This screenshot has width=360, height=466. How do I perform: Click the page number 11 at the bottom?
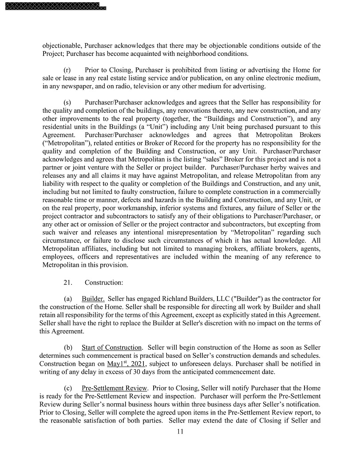(x=180, y=431)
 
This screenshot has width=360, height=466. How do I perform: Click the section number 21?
(x=69, y=282)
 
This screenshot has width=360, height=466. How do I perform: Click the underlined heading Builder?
(x=93, y=299)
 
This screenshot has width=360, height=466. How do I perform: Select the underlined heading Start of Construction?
(x=112, y=347)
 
